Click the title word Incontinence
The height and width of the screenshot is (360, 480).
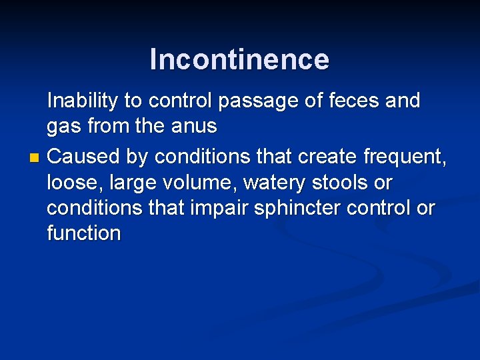pyautogui.click(x=239, y=59)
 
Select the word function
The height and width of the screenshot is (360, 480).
pyautogui.click(x=84, y=233)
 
